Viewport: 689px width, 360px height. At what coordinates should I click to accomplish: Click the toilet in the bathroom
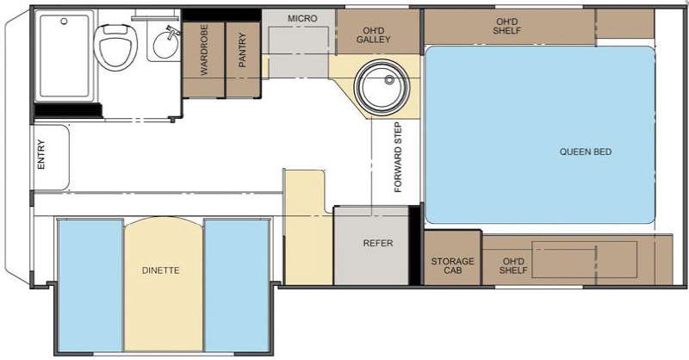[115, 47]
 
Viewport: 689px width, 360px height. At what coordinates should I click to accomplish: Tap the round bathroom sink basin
[166, 46]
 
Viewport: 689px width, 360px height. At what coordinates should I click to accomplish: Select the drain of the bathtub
[64, 21]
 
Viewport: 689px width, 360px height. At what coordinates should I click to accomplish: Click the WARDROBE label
[204, 50]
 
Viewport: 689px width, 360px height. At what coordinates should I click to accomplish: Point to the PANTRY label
[242, 50]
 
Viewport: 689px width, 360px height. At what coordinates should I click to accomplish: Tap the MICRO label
[302, 18]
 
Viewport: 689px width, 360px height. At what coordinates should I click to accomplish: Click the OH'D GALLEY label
[374, 35]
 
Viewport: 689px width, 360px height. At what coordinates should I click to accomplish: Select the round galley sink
[382, 87]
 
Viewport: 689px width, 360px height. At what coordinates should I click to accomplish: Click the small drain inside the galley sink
[389, 79]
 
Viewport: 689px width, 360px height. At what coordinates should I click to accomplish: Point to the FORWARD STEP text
[398, 158]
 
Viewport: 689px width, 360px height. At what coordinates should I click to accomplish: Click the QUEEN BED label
[586, 152]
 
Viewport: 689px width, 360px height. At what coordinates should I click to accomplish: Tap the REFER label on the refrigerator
[378, 243]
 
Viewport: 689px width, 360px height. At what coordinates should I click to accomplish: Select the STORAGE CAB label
[453, 265]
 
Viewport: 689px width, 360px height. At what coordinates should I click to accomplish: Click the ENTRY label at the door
[40, 154]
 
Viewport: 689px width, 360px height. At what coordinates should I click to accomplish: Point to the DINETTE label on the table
[161, 270]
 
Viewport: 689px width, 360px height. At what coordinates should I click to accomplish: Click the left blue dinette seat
[90, 285]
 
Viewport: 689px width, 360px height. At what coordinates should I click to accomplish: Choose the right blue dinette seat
[237, 285]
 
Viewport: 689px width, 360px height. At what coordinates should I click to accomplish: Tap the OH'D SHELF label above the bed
[506, 26]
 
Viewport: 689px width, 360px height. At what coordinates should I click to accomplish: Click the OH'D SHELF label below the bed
[512, 265]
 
